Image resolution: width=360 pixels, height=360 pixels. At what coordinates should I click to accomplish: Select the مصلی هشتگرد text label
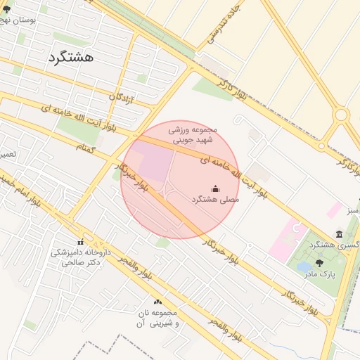[215, 200]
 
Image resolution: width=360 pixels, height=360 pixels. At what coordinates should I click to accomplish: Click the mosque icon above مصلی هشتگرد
[215, 188]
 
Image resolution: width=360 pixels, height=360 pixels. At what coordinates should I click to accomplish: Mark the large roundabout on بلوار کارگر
[342, 114]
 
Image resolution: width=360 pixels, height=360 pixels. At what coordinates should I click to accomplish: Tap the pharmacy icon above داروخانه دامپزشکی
[79, 242]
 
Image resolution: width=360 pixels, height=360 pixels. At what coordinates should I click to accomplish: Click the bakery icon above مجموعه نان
[157, 302]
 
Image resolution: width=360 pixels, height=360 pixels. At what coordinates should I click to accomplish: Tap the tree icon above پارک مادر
[320, 263]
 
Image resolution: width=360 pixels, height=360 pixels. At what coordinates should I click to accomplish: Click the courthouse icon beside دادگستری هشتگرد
[339, 233]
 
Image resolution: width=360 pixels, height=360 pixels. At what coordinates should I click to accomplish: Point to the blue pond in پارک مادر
[304, 267]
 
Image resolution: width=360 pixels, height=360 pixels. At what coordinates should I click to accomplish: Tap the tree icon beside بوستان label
[7, 9]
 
